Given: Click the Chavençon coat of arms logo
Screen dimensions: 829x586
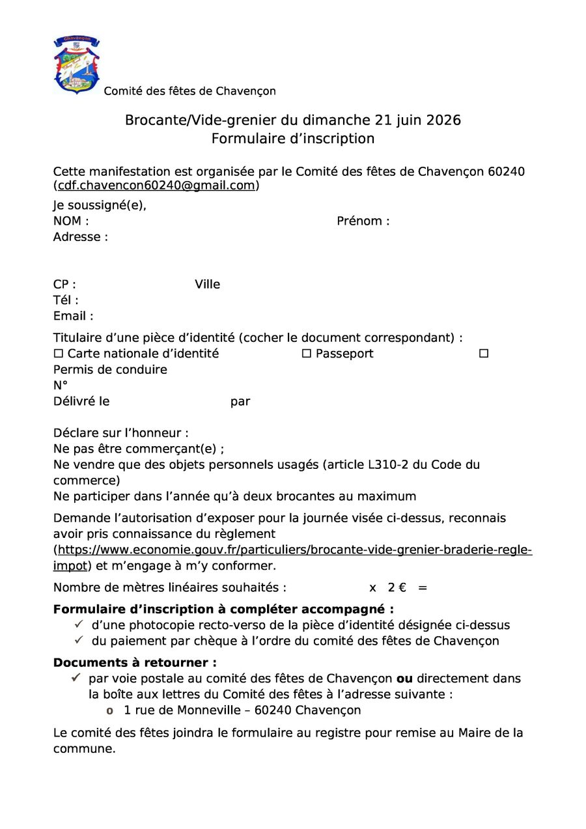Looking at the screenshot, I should (76, 65).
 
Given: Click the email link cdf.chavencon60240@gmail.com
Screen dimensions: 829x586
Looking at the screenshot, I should (156, 186).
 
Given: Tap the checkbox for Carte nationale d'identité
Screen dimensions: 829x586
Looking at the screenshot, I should (59, 354).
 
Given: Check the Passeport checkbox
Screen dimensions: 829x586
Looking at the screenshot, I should (306, 354).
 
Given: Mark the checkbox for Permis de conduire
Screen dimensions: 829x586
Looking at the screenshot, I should (484, 354).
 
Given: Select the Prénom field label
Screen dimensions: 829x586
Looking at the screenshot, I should (363, 221).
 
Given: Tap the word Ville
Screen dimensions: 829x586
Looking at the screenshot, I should (207, 285).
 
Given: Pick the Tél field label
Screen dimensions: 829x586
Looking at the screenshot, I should (66, 300).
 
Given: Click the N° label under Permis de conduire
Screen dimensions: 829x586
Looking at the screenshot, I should (61, 386).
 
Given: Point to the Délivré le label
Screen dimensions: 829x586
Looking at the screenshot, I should (81, 402).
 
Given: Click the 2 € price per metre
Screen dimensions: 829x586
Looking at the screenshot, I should (397, 588).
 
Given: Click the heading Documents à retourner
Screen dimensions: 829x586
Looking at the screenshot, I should (135, 663).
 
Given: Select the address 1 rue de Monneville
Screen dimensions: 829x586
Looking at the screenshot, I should (242, 710).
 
